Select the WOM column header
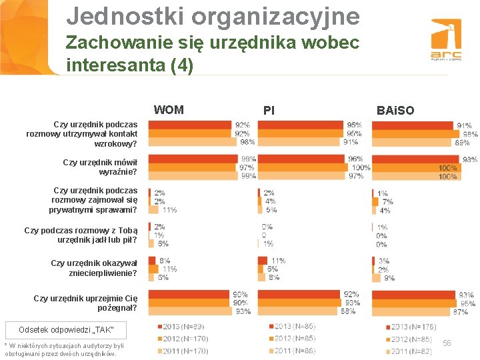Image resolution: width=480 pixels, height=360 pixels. (x=169, y=110)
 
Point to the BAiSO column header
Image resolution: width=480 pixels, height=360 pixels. (x=395, y=110)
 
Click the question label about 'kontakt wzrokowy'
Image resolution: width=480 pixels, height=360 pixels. (x=83, y=133)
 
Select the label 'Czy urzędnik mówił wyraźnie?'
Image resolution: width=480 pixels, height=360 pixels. (x=100, y=167)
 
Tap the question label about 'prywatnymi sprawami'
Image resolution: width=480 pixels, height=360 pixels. (x=93, y=200)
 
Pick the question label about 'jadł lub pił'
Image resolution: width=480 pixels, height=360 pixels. (x=81, y=235)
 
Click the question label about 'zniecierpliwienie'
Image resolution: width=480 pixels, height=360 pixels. (x=94, y=268)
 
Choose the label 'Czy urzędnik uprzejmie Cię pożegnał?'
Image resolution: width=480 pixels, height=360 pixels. (x=86, y=303)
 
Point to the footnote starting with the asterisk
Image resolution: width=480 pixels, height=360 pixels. (x=64, y=349)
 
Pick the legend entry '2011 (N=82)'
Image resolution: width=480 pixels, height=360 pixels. (x=411, y=351)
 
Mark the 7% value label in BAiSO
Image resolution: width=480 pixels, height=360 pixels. (x=387, y=202)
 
